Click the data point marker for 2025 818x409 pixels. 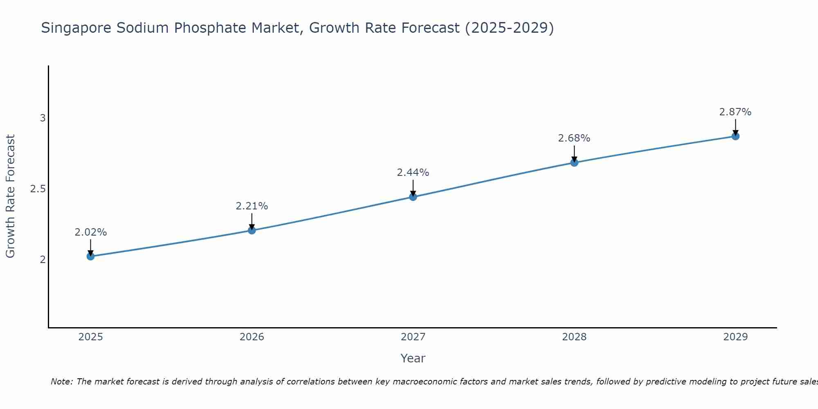click(90, 256)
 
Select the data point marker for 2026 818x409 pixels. click(252, 230)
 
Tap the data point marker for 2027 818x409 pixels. click(413, 197)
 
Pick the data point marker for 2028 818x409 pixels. click(574, 162)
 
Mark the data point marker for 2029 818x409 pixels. click(735, 136)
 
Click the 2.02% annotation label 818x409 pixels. click(90, 232)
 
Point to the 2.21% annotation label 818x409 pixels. click(252, 206)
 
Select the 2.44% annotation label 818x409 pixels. click(413, 173)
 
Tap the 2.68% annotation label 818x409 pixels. click(574, 138)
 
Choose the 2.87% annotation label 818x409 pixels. click(735, 112)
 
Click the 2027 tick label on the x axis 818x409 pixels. click(413, 337)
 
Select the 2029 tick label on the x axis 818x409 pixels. click(735, 337)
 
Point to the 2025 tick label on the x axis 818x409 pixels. click(90, 337)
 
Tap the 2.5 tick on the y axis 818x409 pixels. click(38, 189)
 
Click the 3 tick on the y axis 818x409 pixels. click(43, 118)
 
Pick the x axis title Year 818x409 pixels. click(413, 358)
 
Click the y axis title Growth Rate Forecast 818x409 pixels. click(10, 196)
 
